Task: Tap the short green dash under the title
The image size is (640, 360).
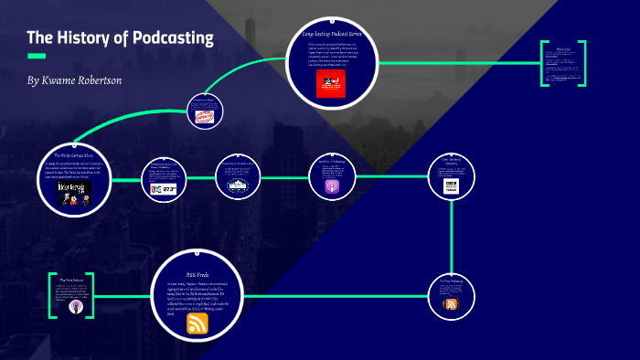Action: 37,56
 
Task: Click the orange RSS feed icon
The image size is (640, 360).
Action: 197,323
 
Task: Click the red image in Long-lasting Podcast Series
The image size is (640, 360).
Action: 328,85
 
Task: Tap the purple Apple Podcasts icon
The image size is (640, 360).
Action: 331,185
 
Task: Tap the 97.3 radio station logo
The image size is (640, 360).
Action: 165,190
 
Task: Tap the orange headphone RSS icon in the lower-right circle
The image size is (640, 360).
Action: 450,304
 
